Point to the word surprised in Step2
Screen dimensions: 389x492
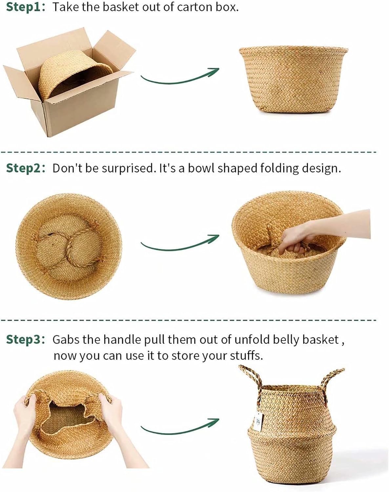click(127, 169)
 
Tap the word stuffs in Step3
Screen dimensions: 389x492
click(246, 356)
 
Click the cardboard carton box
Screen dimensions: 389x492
click(69, 82)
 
